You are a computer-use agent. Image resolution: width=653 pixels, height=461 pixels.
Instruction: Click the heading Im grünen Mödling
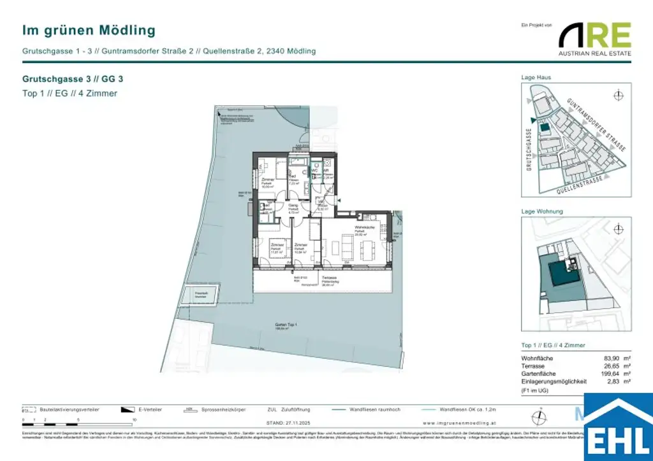coord(89,30)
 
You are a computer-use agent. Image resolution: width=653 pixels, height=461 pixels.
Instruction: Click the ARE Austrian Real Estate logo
coord(595,38)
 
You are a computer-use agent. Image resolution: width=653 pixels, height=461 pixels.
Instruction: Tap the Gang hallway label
coord(293,206)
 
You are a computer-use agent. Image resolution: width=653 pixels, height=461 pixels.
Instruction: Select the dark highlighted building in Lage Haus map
coord(544,127)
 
